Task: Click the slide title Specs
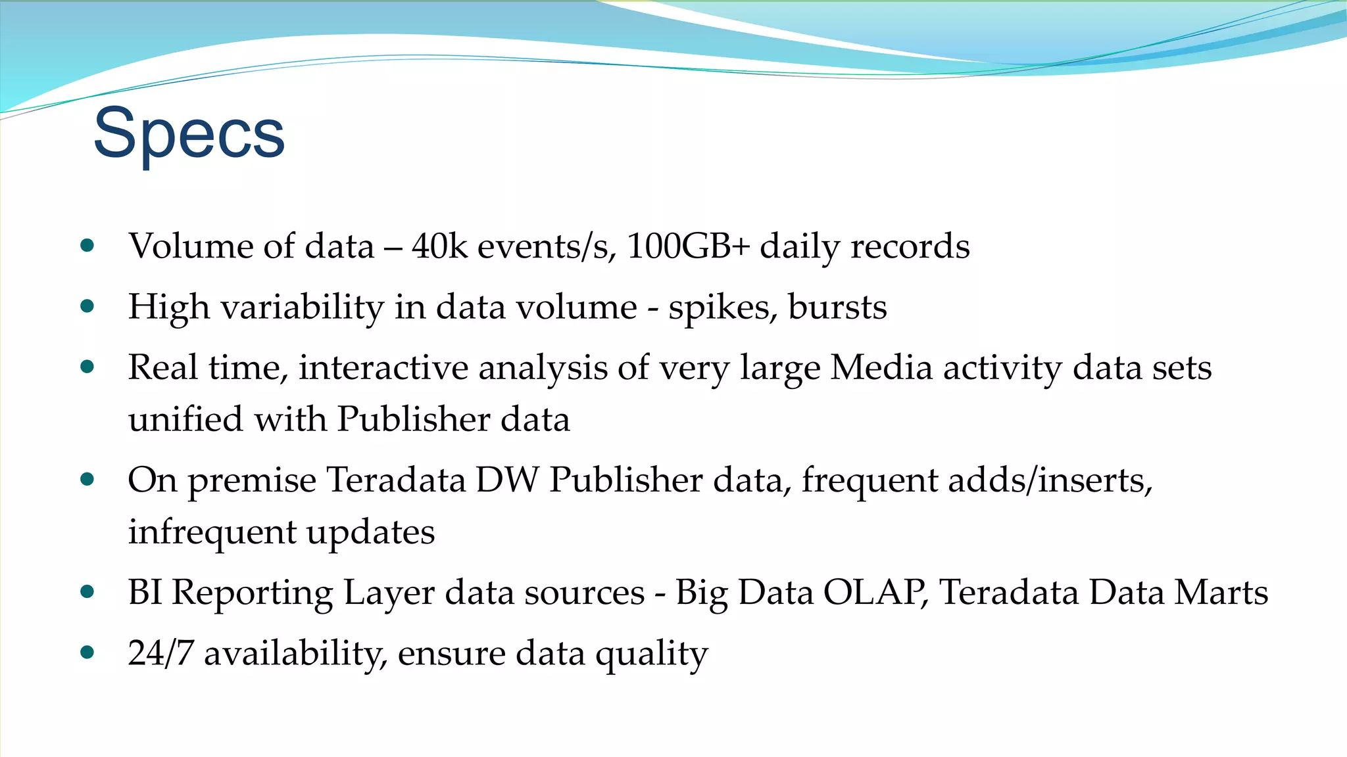189,135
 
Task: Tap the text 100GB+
688,246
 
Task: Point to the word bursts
837,307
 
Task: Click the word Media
881,367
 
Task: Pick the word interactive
383,367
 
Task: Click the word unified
186,419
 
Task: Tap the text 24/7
160,653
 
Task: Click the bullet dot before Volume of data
87,246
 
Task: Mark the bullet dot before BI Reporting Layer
87,592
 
